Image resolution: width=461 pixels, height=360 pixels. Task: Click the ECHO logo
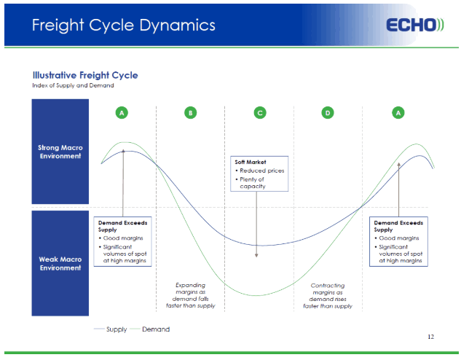click(415, 25)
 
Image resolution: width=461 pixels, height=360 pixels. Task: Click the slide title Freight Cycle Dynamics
click(124, 26)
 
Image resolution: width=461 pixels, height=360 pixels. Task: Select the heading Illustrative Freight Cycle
click(85, 75)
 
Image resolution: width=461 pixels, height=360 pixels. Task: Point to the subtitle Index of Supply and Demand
click(73, 85)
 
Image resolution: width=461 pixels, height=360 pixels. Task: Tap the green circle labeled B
click(191, 113)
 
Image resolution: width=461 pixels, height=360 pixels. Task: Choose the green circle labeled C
click(260, 113)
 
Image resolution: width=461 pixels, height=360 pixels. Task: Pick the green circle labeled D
click(328, 113)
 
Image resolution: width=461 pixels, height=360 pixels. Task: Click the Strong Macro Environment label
click(60, 152)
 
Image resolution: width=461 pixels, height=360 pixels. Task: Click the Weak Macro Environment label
click(60, 264)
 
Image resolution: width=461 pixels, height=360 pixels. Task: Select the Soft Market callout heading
click(251, 162)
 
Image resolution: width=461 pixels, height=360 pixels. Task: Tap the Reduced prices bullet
click(260, 171)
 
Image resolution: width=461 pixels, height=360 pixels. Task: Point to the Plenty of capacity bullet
click(251, 183)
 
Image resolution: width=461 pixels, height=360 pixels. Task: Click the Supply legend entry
click(110, 329)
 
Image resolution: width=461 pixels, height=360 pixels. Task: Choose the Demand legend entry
click(150, 329)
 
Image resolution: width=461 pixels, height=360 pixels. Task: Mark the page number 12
click(430, 337)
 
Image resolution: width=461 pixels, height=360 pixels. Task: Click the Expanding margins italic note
click(191, 295)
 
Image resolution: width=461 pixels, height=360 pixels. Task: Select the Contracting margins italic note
click(328, 296)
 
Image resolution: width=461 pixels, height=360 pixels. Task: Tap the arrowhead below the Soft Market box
click(256, 255)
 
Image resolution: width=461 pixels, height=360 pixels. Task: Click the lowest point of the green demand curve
click(256, 295)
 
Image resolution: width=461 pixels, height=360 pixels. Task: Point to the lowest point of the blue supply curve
click(261, 246)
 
